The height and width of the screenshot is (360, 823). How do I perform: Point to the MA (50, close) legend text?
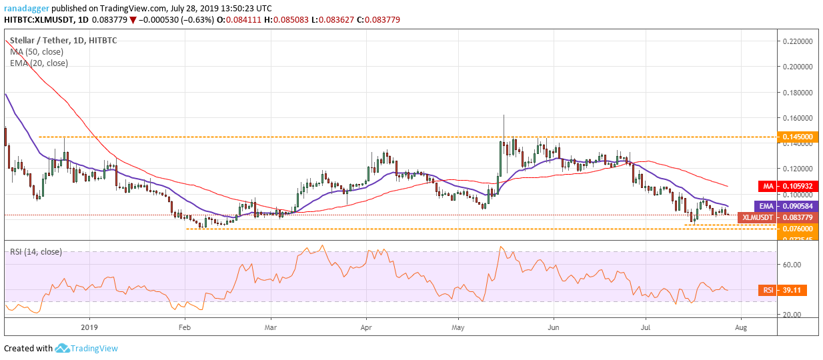coord(37,52)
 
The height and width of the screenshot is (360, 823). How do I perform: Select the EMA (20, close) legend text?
coord(39,63)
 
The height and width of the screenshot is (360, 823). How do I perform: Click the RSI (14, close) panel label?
coord(37,251)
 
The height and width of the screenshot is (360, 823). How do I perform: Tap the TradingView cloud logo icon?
coord(63,348)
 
